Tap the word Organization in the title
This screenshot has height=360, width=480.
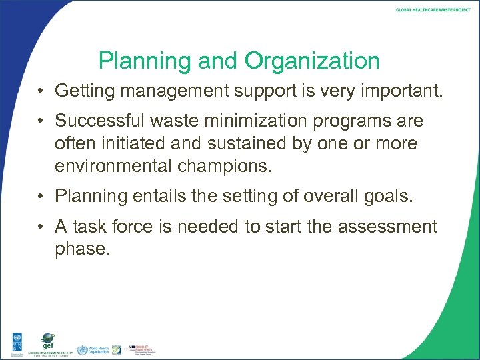tap(312, 62)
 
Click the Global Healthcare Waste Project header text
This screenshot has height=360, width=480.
tap(433, 10)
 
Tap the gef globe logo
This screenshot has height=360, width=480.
tap(47, 339)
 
